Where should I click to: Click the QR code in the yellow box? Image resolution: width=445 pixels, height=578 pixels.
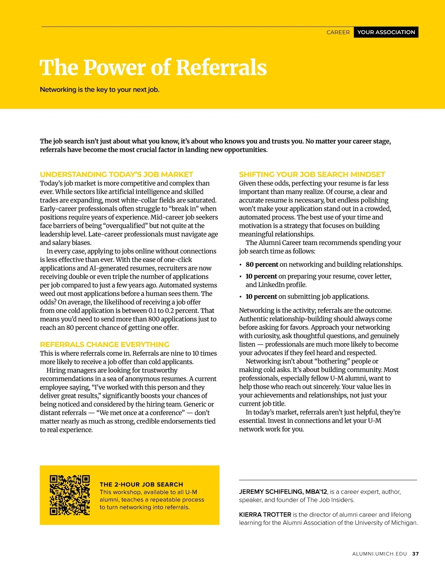click(70, 495)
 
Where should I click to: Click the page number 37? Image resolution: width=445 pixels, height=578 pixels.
click(416, 554)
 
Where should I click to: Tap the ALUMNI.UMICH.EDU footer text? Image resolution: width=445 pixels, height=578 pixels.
click(379, 554)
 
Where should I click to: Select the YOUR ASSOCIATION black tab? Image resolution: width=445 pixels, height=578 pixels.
click(386, 32)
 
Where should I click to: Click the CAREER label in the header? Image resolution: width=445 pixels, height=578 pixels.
click(338, 32)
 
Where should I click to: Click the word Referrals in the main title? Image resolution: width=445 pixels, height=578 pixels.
click(221, 68)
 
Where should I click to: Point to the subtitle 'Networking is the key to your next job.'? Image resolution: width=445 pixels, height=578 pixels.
click(99, 89)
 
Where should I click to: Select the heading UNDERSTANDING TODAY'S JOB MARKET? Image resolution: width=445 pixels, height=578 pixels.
click(116, 174)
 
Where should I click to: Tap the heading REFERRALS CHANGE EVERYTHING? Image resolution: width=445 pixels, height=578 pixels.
click(105, 344)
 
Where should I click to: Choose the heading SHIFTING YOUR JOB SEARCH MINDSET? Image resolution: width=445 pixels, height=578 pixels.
click(312, 174)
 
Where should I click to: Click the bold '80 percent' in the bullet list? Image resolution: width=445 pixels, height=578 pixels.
click(262, 265)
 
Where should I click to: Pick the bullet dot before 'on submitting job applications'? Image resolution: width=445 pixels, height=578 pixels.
click(241, 297)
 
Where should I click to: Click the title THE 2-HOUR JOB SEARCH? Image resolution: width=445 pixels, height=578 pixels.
click(141, 485)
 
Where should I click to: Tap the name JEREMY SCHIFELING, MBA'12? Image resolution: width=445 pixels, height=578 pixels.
click(283, 492)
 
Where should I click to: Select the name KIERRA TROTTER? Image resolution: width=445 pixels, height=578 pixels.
click(265, 515)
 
